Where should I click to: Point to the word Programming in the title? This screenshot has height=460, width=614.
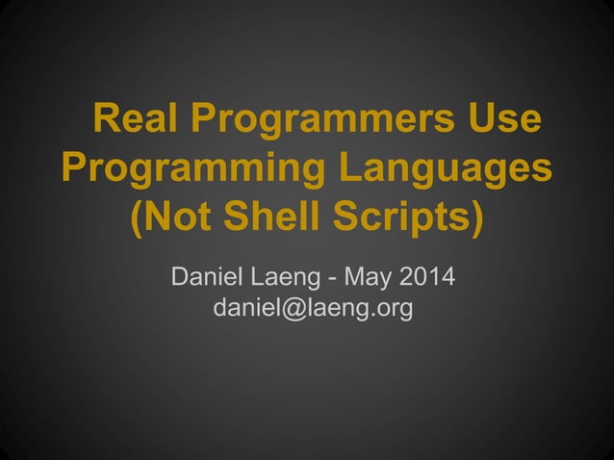tap(190, 170)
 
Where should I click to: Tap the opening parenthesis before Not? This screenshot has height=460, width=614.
tap(136, 218)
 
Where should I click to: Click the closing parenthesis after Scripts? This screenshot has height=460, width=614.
tap(475, 218)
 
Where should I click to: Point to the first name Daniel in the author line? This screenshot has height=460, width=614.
tap(208, 279)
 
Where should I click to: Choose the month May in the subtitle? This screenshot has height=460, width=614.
tap(367, 279)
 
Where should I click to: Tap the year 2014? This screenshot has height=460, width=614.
tap(426, 279)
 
